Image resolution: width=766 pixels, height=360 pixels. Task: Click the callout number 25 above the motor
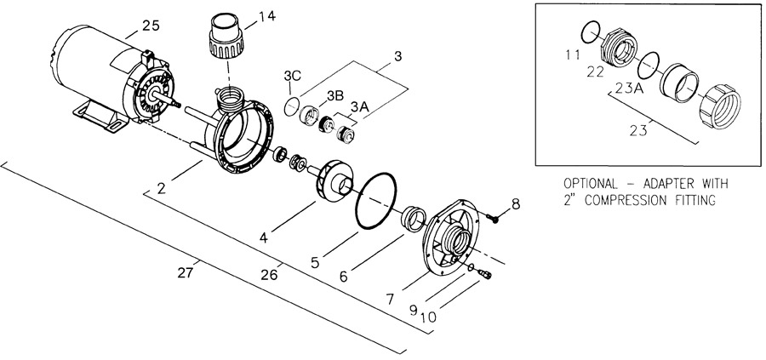(x=151, y=26)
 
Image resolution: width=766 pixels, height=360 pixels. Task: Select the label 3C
(x=292, y=76)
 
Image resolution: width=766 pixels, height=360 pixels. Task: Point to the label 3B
(x=335, y=96)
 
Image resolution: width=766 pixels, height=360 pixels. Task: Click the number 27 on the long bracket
(x=186, y=272)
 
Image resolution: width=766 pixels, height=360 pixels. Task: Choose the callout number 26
(x=269, y=275)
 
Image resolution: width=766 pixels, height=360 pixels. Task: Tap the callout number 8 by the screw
(x=516, y=203)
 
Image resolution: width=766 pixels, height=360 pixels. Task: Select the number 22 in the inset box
(x=596, y=71)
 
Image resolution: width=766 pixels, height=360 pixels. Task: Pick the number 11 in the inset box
(x=573, y=54)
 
